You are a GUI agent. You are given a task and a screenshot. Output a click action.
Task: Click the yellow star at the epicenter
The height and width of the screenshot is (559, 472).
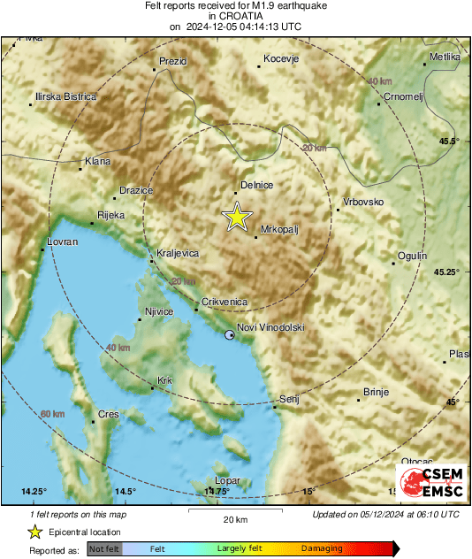coord(236,217)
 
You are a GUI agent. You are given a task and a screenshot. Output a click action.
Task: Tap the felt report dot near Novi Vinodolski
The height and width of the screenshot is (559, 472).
coord(230,335)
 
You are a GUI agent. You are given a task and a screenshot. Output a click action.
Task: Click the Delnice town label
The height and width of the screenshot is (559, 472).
coord(257,185)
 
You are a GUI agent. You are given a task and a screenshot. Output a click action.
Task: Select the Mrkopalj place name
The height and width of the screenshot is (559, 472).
coord(279,229)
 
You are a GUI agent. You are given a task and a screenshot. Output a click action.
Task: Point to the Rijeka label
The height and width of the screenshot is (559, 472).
coord(110,215)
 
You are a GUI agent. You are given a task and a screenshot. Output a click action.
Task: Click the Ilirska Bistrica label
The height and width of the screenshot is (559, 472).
coord(65,96)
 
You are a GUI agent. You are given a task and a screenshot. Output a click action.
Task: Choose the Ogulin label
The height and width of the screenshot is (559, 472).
coord(412,256)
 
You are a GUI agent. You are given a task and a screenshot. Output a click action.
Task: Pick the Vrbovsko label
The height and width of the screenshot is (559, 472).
coord(363,202)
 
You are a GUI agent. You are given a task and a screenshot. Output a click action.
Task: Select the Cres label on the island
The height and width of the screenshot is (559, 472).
coord(108,414)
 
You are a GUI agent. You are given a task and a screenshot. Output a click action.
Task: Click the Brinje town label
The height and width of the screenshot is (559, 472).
coord(376,392)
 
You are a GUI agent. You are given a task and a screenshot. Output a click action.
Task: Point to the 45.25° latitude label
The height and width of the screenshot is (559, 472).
coord(445,272)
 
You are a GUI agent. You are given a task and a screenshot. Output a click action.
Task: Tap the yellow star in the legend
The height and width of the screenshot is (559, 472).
coord(34,532)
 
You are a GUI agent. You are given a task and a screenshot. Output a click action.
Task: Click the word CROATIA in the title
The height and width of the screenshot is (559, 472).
coord(235,16)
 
